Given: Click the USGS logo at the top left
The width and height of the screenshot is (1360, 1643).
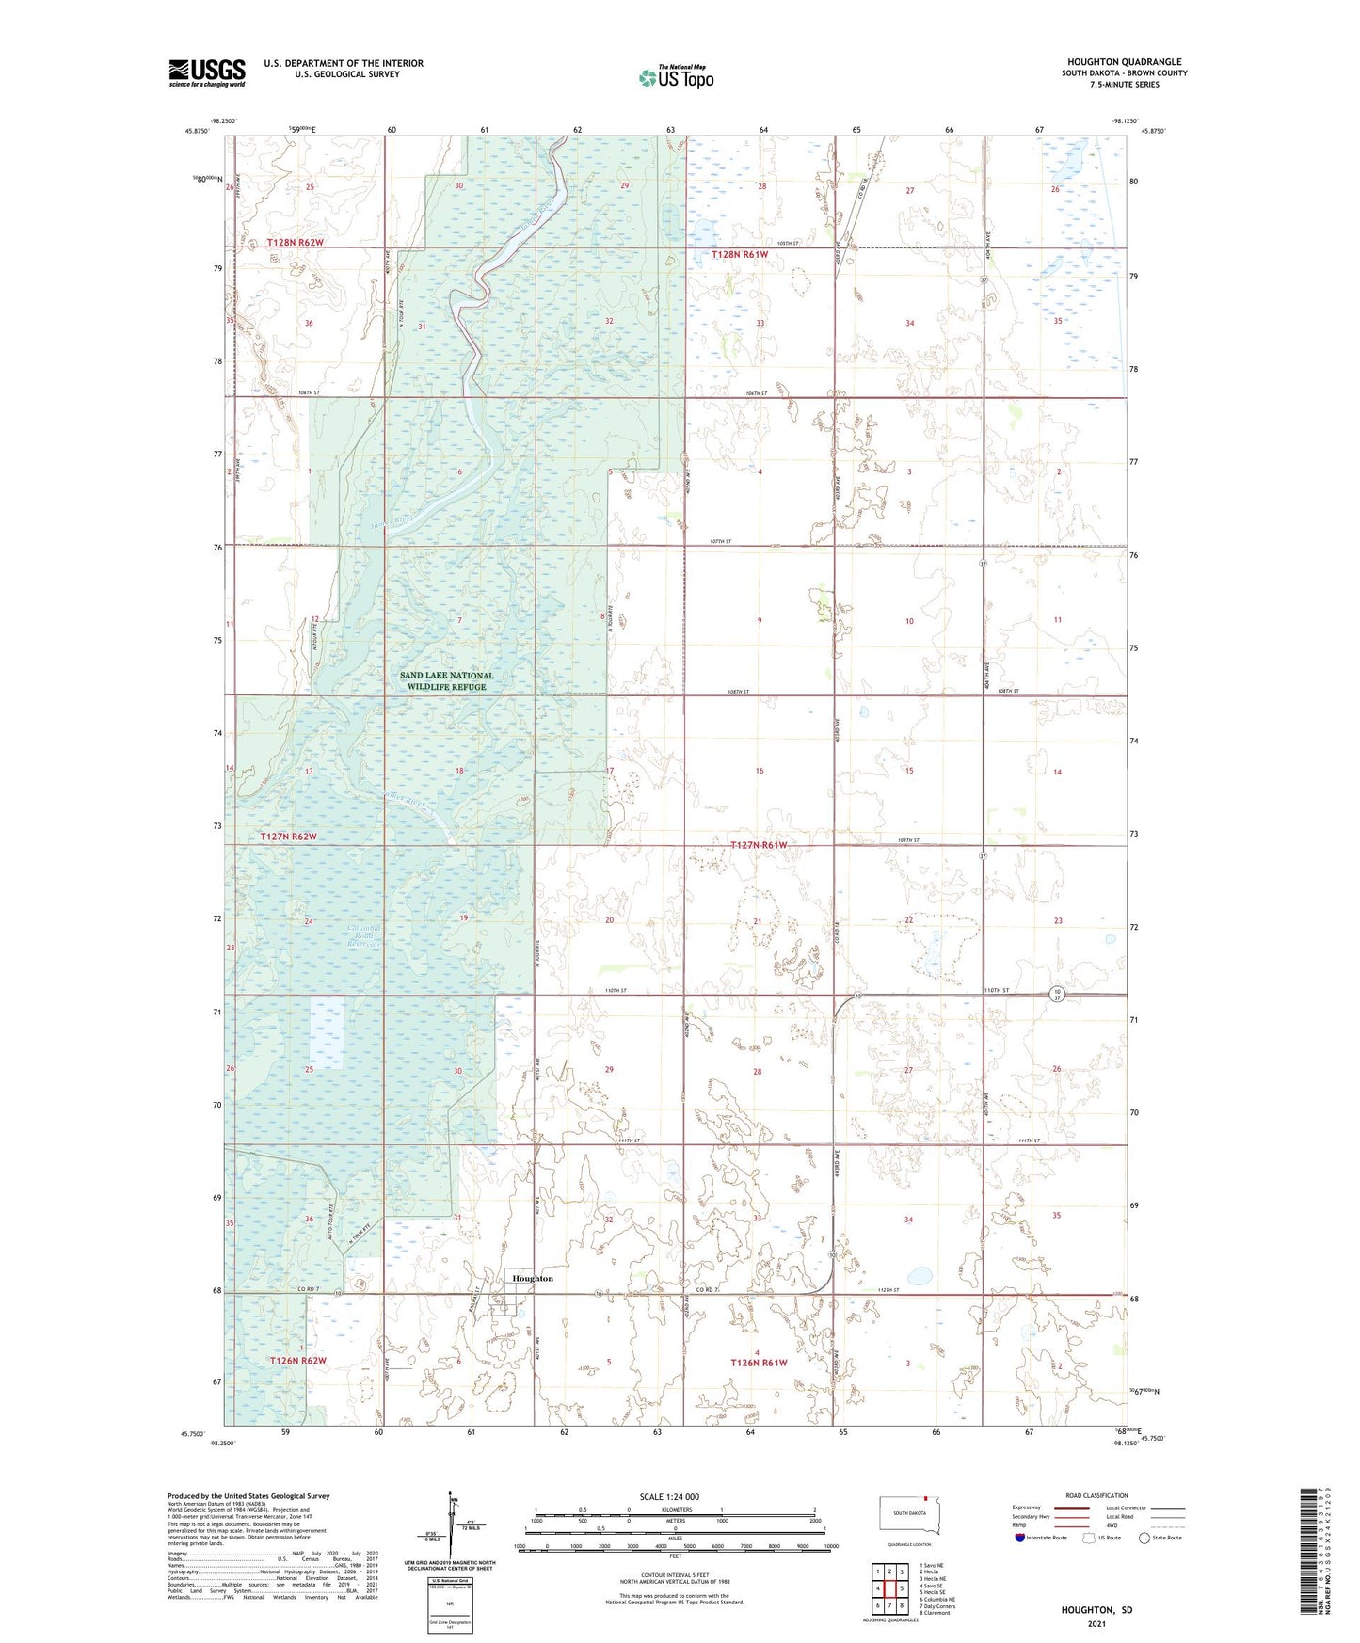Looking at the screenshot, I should [x=207, y=72].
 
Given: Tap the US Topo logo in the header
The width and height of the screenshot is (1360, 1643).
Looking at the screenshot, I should [x=676, y=77].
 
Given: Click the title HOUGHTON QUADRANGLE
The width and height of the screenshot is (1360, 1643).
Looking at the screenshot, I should [x=1124, y=61].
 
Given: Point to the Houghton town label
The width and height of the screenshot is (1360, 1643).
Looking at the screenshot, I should [x=534, y=1278].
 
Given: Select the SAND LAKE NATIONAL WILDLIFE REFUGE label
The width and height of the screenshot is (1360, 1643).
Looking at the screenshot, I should [x=446, y=680].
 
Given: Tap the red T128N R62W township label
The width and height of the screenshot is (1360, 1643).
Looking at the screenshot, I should [x=296, y=242].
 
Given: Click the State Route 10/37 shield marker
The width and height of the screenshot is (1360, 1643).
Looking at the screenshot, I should [x=1058, y=995].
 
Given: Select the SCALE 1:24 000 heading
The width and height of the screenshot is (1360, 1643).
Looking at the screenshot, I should [x=669, y=1496].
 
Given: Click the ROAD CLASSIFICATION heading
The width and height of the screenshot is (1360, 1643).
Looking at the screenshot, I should [x=1096, y=1495].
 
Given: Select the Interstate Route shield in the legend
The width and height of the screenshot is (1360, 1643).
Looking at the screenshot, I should [x=1021, y=1538].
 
